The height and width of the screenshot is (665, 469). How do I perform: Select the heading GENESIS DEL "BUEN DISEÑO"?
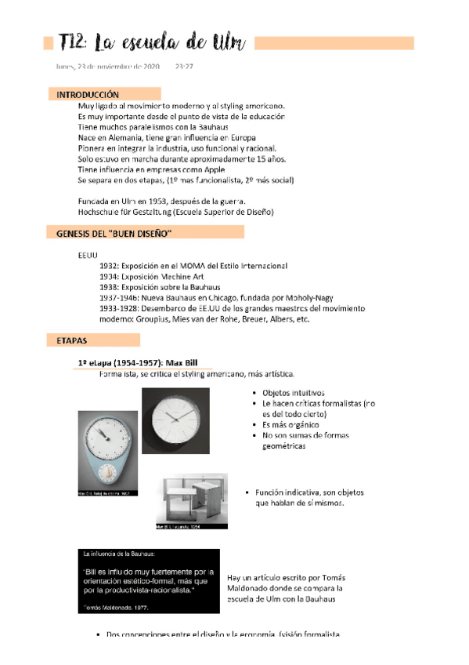(114, 234)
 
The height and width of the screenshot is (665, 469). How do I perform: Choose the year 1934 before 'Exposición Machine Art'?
(111, 277)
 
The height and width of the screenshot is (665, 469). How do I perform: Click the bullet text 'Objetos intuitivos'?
(294, 393)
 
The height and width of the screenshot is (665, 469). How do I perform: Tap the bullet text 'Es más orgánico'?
(288, 424)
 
